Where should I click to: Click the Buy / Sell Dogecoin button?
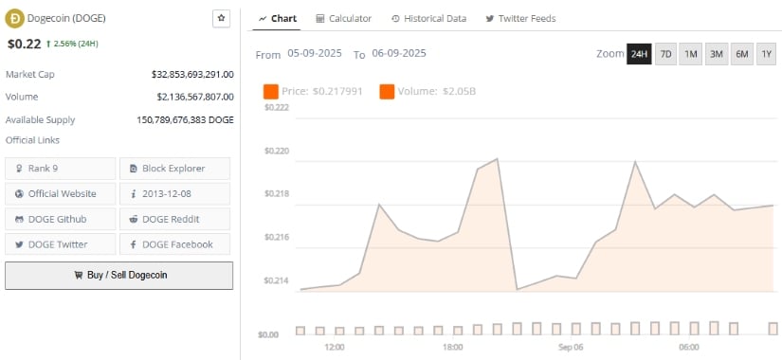click(x=118, y=275)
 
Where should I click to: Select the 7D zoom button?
click(x=665, y=54)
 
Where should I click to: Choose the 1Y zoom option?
click(x=766, y=54)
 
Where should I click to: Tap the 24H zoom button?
click(x=639, y=54)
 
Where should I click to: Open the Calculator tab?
click(x=343, y=18)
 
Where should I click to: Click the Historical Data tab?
click(x=428, y=18)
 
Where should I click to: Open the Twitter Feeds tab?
click(x=520, y=18)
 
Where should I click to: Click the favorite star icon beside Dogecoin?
click(x=222, y=17)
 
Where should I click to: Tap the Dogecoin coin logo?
click(x=16, y=17)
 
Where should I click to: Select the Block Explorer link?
click(x=174, y=169)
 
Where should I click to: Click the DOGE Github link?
click(x=61, y=219)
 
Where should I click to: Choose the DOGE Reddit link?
click(x=174, y=219)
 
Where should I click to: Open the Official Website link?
click(x=61, y=193)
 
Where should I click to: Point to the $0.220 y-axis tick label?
click(x=276, y=151)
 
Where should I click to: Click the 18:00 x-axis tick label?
click(x=453, y=347)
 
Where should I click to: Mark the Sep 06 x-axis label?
click(x=571, y=347)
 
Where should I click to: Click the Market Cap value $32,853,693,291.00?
click(x=192, y=73)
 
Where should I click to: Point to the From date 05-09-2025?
click(x=315, y=54)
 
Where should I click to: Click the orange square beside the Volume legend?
click(x=387, y=92)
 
